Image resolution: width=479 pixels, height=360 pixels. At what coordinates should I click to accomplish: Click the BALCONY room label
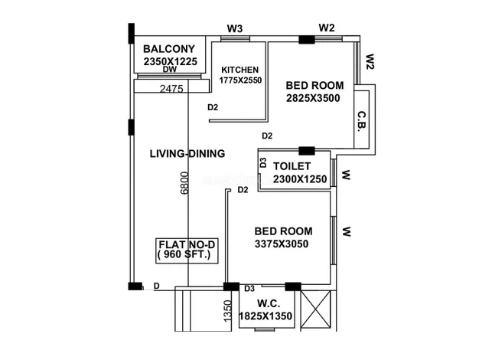(x=169, y=49)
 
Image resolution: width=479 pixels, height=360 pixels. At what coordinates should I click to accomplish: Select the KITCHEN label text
(x=239, y=70)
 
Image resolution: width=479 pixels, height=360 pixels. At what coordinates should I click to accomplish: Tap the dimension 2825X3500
(x=313, y=98)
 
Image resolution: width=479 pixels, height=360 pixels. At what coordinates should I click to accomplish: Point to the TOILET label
(x=292, y=166)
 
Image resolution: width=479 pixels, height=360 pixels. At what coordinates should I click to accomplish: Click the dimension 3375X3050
(x=282, y=244)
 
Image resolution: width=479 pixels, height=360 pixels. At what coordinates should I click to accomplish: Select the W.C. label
(x=269, y=303)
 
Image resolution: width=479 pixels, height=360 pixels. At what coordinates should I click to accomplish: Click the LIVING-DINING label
(x=187, y=153)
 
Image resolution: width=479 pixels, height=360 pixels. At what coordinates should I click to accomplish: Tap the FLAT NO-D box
(x=187, y=250)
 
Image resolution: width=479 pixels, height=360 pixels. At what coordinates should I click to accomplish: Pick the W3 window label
(x=235, y=29)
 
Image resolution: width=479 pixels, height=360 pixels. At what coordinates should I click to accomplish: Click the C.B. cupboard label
(x=362, y=122)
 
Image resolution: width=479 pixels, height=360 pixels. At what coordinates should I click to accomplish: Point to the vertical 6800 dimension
(x=184, y=183)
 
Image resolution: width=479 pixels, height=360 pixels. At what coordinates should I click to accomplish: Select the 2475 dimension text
(x=171, y=89)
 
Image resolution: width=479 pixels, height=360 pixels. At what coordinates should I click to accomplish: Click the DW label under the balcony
(x=170, y=70)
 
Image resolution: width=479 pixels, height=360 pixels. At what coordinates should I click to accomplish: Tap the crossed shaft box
(x=315, y=309)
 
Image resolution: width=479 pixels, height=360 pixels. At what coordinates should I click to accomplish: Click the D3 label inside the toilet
(x=262, y=162)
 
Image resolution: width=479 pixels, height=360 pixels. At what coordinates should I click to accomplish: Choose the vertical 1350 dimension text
(x=228, y=311)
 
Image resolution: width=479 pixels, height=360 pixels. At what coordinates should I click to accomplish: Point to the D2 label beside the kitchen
(x=213, y=107)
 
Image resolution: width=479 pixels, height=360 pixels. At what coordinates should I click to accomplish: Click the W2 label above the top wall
(x=327, y=28)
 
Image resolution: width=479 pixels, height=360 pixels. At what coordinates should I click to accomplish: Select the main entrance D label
(x=156, y=286)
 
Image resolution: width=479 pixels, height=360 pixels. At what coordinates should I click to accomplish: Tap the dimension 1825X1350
(x=266, y=316)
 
